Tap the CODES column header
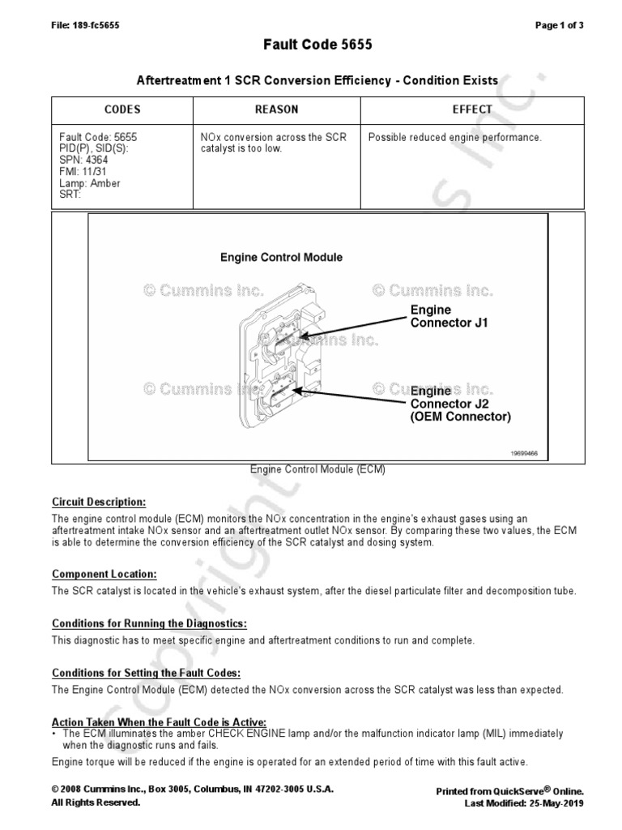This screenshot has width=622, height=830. pyautogui.click(x=122, y=109)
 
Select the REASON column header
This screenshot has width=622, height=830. pyautogui.click(x=276, y=109)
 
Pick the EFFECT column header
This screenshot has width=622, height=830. pyautogui.click(x=472, y=109)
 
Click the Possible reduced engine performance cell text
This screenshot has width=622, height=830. pyautogui.click(x=454, y=138)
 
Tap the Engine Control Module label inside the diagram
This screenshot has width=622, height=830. pyautogui.click(x=282, y=258)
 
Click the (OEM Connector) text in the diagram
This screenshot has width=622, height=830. pyautogui.click(x=461, y=417)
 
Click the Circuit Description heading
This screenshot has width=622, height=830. pyautogui.click(x=100, y=502)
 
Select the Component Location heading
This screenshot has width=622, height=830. pyautogui.click(x=104, y=574)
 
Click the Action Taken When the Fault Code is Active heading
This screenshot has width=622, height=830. pyautogui.click(x=159, y=721)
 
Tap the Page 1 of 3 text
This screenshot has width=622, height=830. pyautogui.click(x=560, y=25)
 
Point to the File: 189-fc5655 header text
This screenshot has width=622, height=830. pyautogui.click(x=85, y=25)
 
